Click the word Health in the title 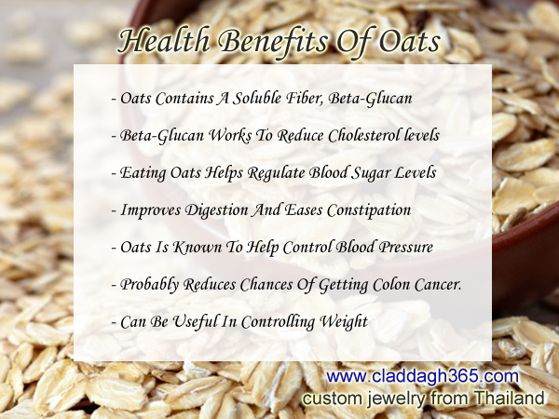point(164,41)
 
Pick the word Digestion point(217,210)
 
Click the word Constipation point(369,210)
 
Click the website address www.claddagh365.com point(422,376)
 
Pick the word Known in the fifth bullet point(198,248)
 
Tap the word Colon point(391,285)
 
